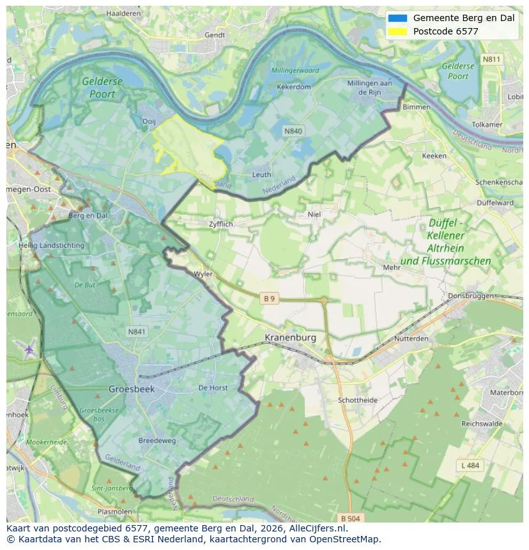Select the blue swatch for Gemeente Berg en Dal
[397, 18]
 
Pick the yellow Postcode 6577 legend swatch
[397, 31]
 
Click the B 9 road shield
[270, 298]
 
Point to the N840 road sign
[293, 131]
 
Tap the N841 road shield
[137, 331]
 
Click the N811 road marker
[491, 59]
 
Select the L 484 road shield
[470, 465]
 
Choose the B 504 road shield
[351, 517]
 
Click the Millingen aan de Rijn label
[369, 88]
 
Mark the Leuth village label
[261, 174]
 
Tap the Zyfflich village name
[220, 224]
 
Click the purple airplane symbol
[29, 349]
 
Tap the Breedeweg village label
[157, 440]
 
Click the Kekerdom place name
[293, 87]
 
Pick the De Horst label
[213, 387]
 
